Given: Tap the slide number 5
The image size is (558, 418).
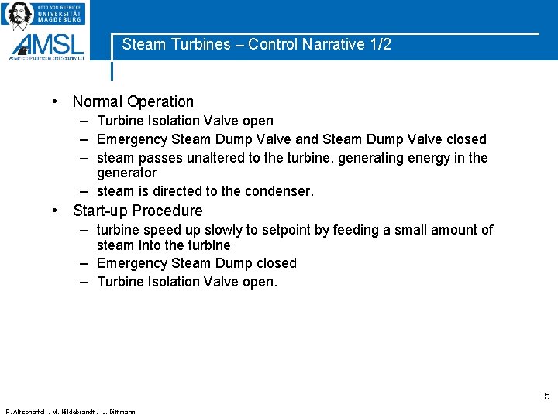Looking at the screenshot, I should [x=546, y=396].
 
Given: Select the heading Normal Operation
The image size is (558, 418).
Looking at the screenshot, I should [x=133, y=101].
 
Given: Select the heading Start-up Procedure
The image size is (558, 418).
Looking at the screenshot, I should [x=138, y=211].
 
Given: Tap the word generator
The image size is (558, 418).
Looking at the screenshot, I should [x=126, y=173].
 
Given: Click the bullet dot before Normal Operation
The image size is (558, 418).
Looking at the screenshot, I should [x=57, y=101].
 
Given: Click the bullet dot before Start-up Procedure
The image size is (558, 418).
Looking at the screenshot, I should [x=57, y=211].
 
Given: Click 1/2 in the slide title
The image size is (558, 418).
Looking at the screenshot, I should [x=380, y=45].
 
